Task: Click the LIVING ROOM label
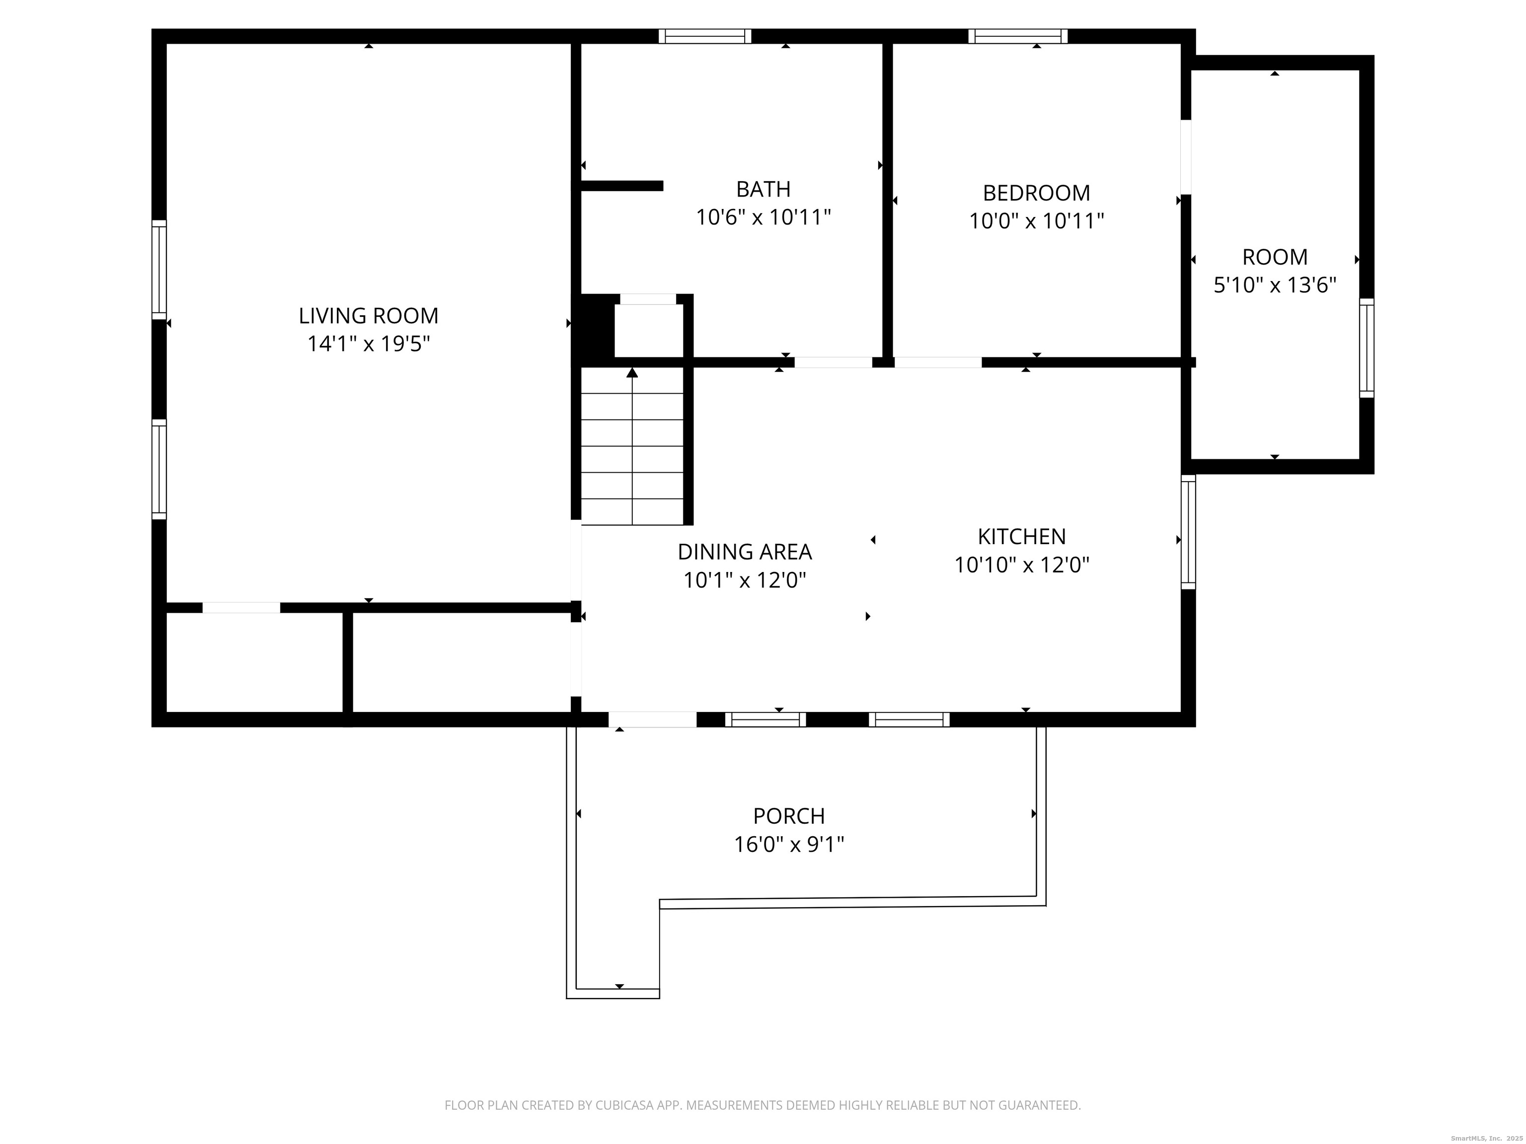(369, 316)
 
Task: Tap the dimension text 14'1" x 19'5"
(369, 344)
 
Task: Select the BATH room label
(763, 189)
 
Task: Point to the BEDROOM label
(1036, 192)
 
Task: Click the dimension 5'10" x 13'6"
(1275, 286)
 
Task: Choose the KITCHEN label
(1022, 536)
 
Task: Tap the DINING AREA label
(745, 552)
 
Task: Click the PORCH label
(788, 816)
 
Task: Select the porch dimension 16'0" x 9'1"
(788, 844)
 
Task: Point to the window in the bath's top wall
(704, 36)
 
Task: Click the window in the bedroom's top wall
(1017, 36)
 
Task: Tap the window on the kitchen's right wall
(1188, 532)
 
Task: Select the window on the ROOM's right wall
(1367, 348)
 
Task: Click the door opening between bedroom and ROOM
(1186, 157)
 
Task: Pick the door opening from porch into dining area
(652, 719)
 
